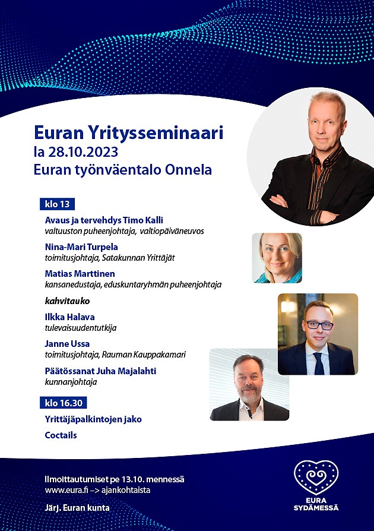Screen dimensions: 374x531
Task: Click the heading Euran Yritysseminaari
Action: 129,133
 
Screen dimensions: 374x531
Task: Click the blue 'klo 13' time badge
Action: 57,204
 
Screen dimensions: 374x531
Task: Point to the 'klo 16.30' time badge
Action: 64,403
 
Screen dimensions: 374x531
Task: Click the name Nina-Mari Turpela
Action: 81,247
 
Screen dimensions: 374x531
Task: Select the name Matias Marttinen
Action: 80,273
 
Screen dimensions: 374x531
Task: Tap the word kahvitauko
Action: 67,301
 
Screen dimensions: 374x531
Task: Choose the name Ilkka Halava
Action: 69,317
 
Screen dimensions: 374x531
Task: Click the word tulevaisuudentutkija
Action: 81,328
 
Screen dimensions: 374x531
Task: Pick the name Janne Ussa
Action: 67,344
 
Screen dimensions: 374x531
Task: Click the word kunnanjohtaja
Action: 71,382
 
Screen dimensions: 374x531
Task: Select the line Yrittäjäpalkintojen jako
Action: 93,419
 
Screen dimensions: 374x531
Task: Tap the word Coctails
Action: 61,435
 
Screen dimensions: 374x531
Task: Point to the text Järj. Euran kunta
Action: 77,508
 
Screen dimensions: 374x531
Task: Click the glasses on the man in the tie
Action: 319,325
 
